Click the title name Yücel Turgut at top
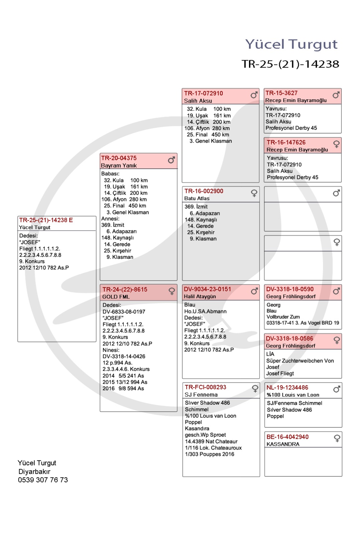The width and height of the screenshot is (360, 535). click(291, 44)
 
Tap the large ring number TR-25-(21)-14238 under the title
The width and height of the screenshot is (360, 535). click(290, 64)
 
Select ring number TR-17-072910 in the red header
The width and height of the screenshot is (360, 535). click(203, 93)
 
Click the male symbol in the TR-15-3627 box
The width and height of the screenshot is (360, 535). click(336, 95)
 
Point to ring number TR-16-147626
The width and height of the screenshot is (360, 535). click(286, 142)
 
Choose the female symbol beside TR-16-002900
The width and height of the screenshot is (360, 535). click(254, 193)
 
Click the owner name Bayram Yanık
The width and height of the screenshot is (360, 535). click(119, 166)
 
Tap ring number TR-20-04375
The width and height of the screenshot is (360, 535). click(119, 158)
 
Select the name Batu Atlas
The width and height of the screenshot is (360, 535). click(197, 198)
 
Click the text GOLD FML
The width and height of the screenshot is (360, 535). click(116, 297)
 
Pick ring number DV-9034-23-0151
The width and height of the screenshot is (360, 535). click(207, 289)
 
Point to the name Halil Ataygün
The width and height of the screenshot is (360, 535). click(200, 297)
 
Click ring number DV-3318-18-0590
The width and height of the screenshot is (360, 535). click(290, 289)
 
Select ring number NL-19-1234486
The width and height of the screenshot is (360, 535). click(287, 388)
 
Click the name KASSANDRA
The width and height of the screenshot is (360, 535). click(283, 444)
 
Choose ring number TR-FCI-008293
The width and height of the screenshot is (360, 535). click(205, 387)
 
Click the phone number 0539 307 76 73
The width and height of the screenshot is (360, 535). click(43, 480)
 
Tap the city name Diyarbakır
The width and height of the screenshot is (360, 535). click(34, 471)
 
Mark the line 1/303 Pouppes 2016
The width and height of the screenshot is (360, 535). click(210, 454)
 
